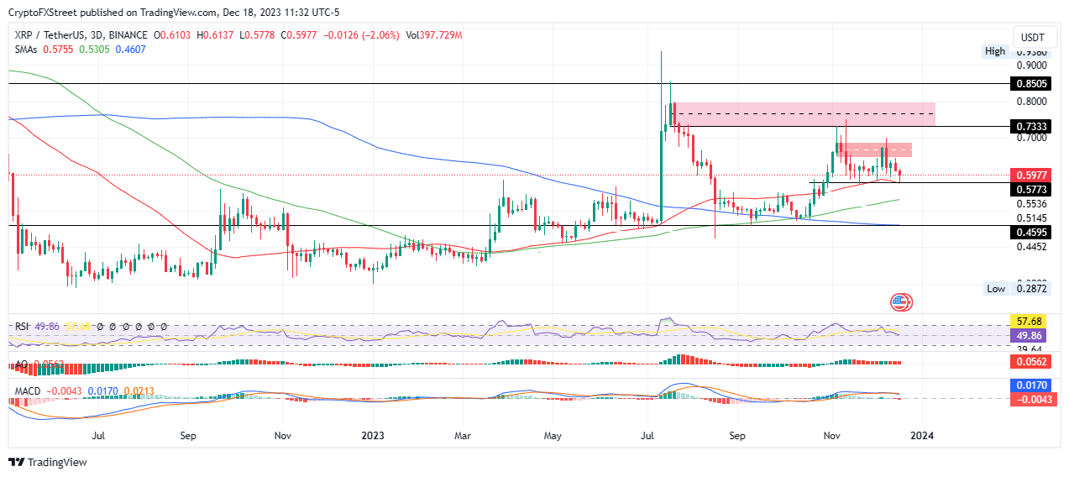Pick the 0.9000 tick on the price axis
pos(1032,65)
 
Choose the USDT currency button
pos(1032,38)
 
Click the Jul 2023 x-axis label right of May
pos(647,436)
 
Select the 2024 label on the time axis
pos(922,436)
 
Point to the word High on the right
pos(995,51)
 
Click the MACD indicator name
pos(27,391)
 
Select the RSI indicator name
pos(24,326)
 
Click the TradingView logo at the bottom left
pos(48,462)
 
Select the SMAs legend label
pos(27,49)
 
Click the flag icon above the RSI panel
pos(900,301)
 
